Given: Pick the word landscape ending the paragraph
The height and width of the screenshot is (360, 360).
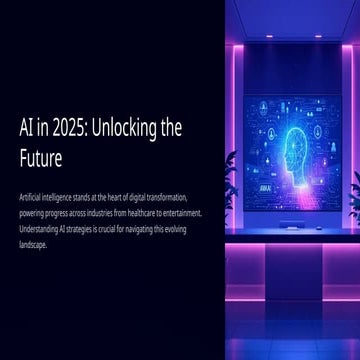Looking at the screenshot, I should (33, 243).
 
